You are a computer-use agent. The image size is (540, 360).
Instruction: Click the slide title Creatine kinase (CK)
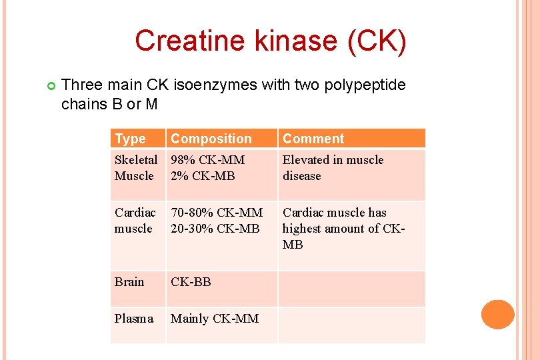(x=270, y=41)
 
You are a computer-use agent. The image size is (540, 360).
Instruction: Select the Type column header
(x=130, y=139)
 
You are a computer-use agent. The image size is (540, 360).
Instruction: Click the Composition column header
(x=211, y=139)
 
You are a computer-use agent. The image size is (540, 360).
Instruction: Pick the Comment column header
(x=313, y=139)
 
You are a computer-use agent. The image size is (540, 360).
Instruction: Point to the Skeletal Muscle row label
(x=136, y=168)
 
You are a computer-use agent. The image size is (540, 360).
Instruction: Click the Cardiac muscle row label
(x=135, y=221)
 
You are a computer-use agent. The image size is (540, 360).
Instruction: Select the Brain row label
(x=129, y=281)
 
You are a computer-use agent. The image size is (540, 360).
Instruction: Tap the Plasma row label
(x=134, y=319)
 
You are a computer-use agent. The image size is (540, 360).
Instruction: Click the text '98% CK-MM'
(x=208, y=160)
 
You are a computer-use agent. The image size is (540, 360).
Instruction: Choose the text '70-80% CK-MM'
(x=217, y=213)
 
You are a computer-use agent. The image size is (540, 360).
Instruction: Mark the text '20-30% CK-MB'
(x=215, y=229)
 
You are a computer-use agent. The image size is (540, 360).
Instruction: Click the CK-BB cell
(x=191, y=281)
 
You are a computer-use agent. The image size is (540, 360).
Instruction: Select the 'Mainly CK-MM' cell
(x=215, y=319)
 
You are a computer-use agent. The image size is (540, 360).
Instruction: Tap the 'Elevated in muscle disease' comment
(x=333, y=168)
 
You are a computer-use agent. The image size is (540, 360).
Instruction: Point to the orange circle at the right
(x=498, y=314)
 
